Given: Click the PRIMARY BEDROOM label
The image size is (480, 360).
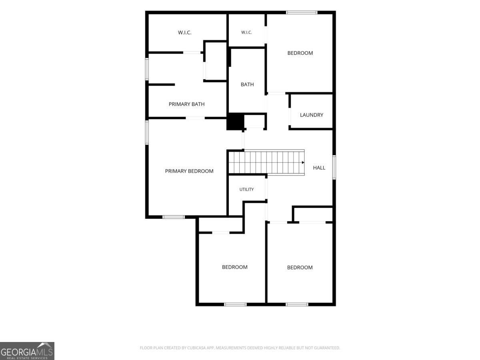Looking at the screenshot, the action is tap(189, 171).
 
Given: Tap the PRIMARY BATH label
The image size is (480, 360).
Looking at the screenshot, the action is tap(186, 104).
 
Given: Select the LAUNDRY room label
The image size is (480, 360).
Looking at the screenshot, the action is tap(311, 115).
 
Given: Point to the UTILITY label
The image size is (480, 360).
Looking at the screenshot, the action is tap(246, 189).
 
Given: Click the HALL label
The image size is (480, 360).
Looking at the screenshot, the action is tap(319, 168).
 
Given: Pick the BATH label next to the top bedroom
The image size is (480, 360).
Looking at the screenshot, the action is tap(247, 84).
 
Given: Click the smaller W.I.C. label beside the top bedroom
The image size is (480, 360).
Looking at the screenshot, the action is tap(246, 32).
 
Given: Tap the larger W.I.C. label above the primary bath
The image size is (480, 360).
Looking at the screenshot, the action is tap(184, 32).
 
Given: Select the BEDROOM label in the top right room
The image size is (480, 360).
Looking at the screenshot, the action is tap(300, 53).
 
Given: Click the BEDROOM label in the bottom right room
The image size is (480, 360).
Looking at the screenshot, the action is tap(300, 267).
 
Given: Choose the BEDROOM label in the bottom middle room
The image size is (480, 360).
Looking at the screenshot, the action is tap(235, 267).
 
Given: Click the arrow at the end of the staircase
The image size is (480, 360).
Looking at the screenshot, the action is tap(303, 162).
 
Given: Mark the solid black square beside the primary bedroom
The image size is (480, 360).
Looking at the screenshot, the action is tap(235, 122).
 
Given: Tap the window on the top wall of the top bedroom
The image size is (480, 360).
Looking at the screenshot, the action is tap(302, 12).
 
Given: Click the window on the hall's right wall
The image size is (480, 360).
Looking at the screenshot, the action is tap(334, 167).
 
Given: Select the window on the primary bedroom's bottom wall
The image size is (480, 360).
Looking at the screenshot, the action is tap(174, 217).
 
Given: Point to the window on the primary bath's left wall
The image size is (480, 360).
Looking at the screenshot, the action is tap(147, 69).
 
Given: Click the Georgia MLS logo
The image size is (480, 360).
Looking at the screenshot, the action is tap(27, 351).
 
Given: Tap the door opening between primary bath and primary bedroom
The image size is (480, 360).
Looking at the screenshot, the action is tap(195, 118).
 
